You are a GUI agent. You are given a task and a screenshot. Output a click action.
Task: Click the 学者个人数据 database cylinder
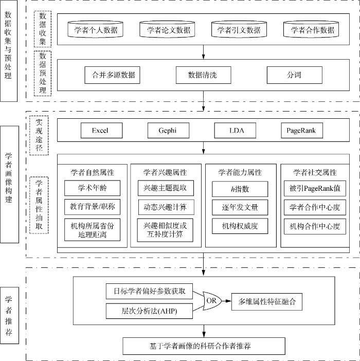(95, 29)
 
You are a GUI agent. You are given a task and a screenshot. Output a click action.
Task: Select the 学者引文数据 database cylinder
(239, 29)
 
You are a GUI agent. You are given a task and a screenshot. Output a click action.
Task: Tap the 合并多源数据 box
(112, 75)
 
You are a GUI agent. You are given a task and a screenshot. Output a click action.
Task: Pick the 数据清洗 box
(204, 75)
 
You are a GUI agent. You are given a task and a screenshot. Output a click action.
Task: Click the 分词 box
(294, 75)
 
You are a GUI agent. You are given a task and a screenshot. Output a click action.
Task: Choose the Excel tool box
(101, 131)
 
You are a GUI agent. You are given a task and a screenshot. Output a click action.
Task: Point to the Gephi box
(169, 131)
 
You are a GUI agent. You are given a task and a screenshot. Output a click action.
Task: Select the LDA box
(235, 131)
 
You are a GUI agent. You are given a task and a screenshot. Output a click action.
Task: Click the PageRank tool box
(302, 131)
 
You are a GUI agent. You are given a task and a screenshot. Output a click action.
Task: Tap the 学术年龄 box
(92, 188)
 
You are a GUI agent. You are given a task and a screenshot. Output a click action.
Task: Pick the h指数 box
(240, 189)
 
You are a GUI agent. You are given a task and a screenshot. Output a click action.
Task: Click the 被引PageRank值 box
(315, 189)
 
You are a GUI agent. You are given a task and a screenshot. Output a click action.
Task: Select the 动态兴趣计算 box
(166, 207)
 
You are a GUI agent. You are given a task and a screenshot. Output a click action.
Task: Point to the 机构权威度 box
(240, 226)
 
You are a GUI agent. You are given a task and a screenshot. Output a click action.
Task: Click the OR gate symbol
(212, 301)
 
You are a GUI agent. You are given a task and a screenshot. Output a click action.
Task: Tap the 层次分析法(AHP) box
(149, 311)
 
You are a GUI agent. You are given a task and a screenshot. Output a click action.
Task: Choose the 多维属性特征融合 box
(267, 301)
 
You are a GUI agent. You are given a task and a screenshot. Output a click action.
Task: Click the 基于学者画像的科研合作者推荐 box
(204, 346)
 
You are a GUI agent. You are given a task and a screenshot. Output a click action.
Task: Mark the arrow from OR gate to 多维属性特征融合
(226, 301)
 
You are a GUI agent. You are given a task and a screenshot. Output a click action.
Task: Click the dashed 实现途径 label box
(39, 135)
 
